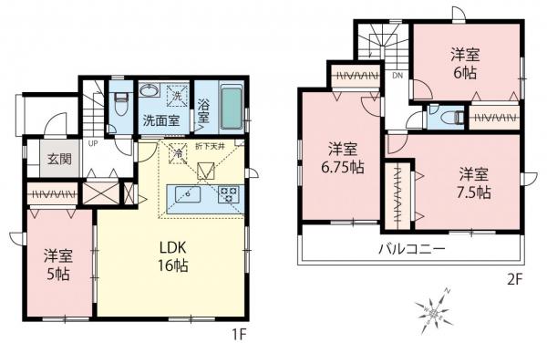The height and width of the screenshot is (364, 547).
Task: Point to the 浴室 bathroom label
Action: point(203,111)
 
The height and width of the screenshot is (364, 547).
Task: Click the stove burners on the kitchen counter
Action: point(227,194)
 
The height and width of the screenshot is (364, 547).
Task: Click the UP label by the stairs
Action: point(93,143)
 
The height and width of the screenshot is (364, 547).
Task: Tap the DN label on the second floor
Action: point(397,77)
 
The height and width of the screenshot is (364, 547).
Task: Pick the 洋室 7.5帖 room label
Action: point(474,182)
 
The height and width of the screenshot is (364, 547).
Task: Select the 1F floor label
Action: point(239,334)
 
